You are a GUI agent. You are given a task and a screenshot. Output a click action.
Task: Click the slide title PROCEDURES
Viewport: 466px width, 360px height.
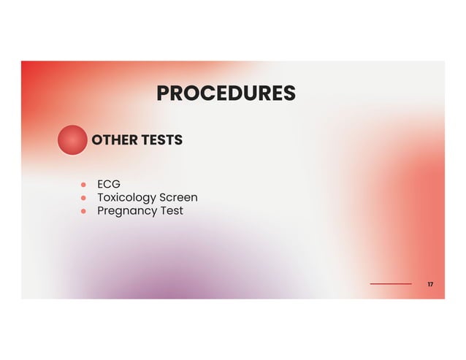coord(226,93)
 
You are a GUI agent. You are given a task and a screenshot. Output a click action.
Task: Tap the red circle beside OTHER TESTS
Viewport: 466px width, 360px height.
coord(72,139)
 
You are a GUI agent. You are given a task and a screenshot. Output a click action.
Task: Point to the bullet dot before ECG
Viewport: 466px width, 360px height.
coord(83,184)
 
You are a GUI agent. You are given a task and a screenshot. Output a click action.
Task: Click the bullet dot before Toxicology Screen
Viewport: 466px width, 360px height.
coord(83,198)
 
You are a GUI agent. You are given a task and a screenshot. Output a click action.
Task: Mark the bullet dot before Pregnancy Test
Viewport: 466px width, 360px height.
coord(83,211)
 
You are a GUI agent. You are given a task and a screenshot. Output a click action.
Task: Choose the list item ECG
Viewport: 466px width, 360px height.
coord(109,184)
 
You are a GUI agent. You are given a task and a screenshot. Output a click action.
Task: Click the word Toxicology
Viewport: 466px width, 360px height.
coord(127,198)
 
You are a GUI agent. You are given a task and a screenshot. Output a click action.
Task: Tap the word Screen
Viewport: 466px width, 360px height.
coord(179,197)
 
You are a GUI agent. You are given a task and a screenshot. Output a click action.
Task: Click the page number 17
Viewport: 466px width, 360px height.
coord(430,283)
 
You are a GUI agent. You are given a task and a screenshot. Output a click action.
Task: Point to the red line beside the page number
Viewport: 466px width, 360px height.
coord(391,283)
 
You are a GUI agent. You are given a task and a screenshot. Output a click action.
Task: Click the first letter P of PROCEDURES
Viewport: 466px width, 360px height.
coord(162,93)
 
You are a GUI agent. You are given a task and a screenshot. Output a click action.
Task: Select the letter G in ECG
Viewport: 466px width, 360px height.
coord(116,184)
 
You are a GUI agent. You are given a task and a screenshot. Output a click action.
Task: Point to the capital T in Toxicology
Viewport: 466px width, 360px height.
coord(101,197)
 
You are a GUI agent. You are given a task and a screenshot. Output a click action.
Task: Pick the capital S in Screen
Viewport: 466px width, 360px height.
coord(164,197)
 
